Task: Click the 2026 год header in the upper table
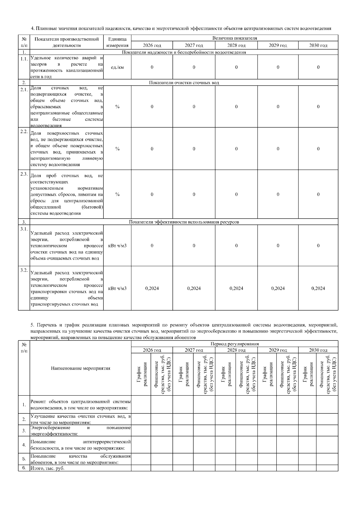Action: pyautogui.click(x=152, y=46)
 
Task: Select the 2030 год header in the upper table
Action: pyautogui.click(x=318, y=46)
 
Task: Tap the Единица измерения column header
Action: pyautogui.click(x=117, y=42)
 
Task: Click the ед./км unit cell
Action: pyautogui.click(x=117, y=67)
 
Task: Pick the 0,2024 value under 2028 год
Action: pyautogui.click(x=236, y=288)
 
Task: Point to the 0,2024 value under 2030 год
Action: pyautogui.click(x=318, y=288)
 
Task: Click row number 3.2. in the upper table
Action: pyautogui.click(x=24, y=270)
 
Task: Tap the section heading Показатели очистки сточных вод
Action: pyautogui.click(x=184, y=83)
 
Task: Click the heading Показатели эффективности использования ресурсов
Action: pyautogui.click(x=184, y=222)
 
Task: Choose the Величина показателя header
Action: pyautogui.click(x=235, y=38)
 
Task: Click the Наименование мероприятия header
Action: pyautogui.click(x=80, y=368)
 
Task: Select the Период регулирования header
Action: pyautogui.click(x=235, y=344)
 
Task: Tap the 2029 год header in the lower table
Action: pyautogui.click(x=278, y=350)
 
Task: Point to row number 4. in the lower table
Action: pyautogui.click(x=24, y=445)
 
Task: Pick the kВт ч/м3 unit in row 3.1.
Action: pyautogui.click(x=117, y=246)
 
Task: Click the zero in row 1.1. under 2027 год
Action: pyautogui.click(x=194, y=67)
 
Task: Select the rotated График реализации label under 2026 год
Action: pyautogui.click(x=141, y=374)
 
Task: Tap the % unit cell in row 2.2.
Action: pyautogui.click(x=117, y=149)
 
